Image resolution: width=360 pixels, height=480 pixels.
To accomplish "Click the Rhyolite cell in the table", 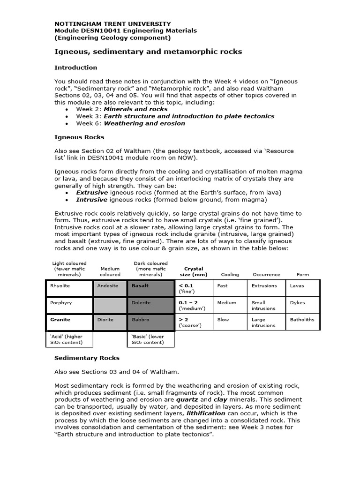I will click(x=69, y=288).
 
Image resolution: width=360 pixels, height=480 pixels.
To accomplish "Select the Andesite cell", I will click(x=110, y=288).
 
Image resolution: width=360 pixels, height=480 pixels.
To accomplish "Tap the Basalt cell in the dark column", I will click(x=151, y=288).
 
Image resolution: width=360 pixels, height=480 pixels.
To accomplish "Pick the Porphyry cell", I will click(x=69, y=305).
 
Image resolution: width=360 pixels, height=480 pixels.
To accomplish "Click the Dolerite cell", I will click(x=151, y=305).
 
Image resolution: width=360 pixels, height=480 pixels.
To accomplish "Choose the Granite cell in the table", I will click(x=69, y=322).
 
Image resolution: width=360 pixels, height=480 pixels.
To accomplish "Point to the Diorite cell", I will click(x=110, y=322).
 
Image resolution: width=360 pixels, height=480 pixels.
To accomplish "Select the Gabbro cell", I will click(x=151, y=322).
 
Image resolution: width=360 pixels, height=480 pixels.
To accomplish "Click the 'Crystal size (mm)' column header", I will click(x=194, y=272).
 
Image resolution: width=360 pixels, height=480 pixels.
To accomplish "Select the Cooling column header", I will click(x=230, y=275).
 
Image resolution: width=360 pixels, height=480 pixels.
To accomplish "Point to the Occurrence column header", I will click(x=266, y=275).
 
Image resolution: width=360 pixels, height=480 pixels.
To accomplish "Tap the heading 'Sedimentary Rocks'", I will click(x=87, y=358).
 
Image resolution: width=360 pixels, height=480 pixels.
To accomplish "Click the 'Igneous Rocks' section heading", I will click(x=79, y=137).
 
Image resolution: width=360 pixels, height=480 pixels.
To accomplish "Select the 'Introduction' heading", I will click(x=75, y=67).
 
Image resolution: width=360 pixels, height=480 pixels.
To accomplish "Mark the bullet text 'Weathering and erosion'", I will click(x=144, y=123).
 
